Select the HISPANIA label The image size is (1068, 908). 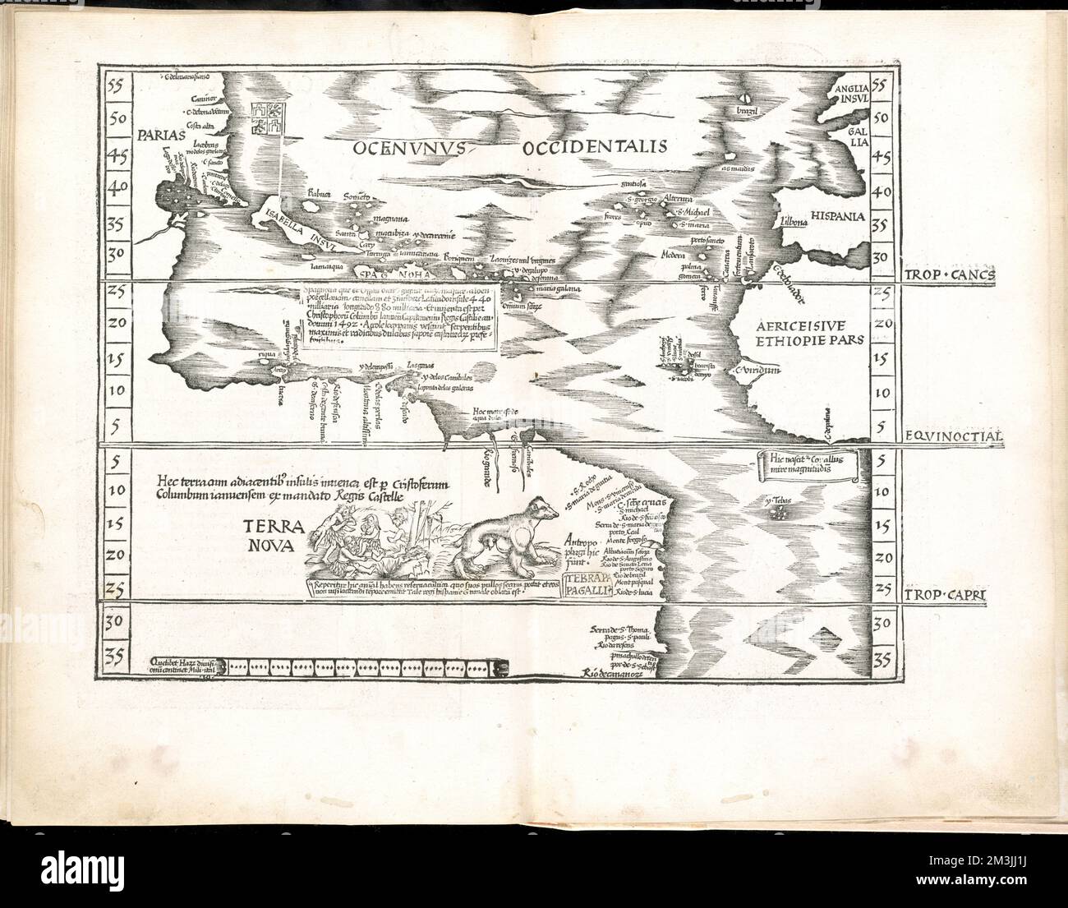click(x=837, y=216)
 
